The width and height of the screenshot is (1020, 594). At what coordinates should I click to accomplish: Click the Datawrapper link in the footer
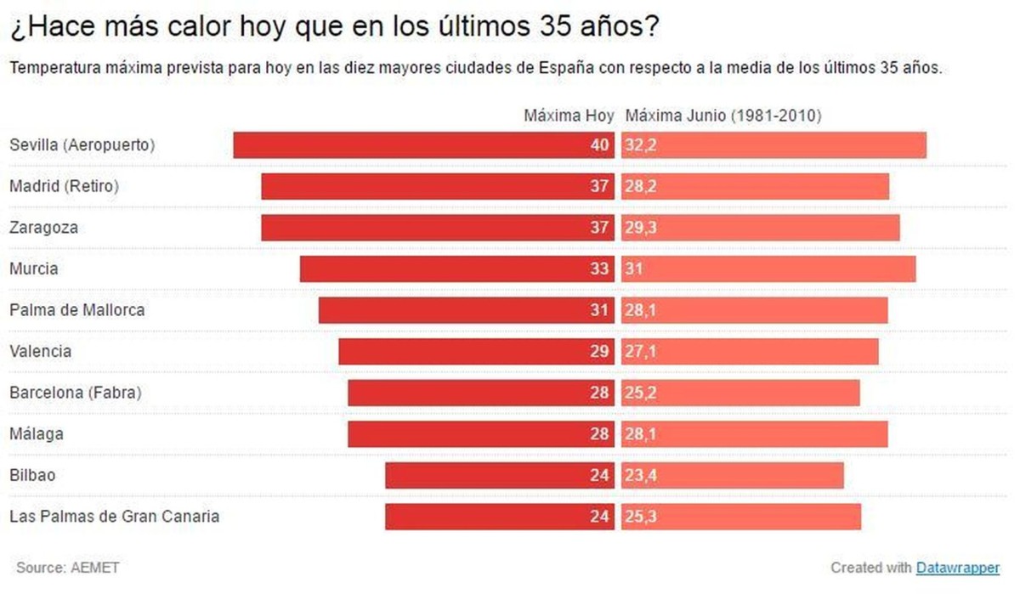[957, 568]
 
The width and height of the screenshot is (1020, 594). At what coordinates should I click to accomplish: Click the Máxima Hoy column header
[569, 116]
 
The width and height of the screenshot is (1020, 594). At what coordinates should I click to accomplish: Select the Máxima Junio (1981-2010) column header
[723, 116]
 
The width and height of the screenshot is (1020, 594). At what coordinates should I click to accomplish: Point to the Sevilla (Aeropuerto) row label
[82, 144]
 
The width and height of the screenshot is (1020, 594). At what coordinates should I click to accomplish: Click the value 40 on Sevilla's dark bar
[600, 145]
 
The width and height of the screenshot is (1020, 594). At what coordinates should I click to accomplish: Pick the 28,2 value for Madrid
[640, 186]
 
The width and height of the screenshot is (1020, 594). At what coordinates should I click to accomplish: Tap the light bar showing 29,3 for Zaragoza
[760, 228]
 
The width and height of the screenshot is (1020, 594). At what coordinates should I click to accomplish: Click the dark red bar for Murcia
[456, 269]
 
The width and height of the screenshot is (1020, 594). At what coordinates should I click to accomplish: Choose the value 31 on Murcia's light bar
[634, 269]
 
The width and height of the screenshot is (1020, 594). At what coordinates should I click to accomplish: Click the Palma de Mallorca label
[77, 310]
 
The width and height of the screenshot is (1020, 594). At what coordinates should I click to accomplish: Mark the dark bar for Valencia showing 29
[476, 351]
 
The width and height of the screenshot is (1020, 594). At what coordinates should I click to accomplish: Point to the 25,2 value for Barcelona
[640, 393]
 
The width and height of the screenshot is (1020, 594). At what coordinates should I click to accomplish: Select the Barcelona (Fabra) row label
[75, 393]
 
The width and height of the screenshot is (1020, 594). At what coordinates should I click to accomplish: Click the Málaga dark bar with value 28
[480, 434]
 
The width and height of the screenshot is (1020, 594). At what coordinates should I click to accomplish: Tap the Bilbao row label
[32, 475]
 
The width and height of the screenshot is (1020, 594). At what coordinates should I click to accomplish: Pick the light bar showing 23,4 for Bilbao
[732, 475]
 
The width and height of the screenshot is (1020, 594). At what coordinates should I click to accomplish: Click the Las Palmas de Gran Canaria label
[114, 516]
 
